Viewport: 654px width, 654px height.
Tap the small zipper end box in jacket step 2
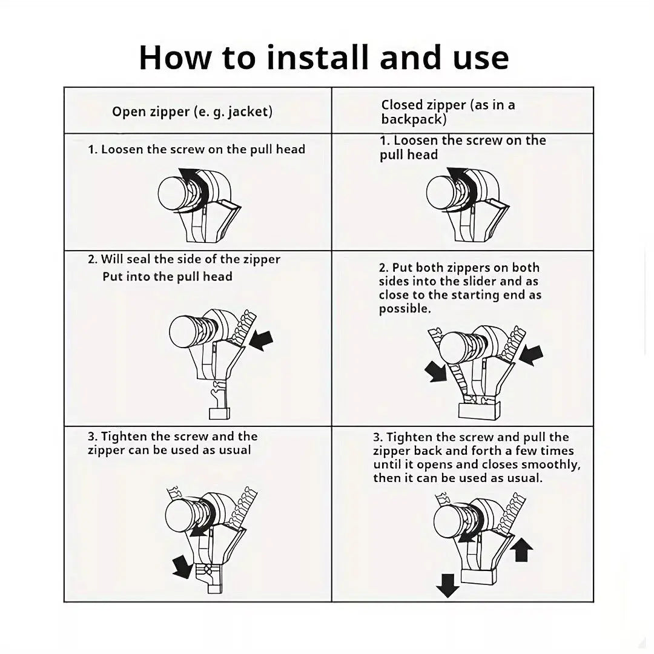tap(219, 414)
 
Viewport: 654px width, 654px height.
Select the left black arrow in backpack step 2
tap(436, 371)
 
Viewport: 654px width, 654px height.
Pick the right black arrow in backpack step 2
tap(532, 355)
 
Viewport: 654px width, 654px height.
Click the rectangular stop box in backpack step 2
tap(479, 411)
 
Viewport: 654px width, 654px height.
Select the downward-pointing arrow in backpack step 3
tap(448, 586)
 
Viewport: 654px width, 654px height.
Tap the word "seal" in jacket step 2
tap(139, 259)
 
